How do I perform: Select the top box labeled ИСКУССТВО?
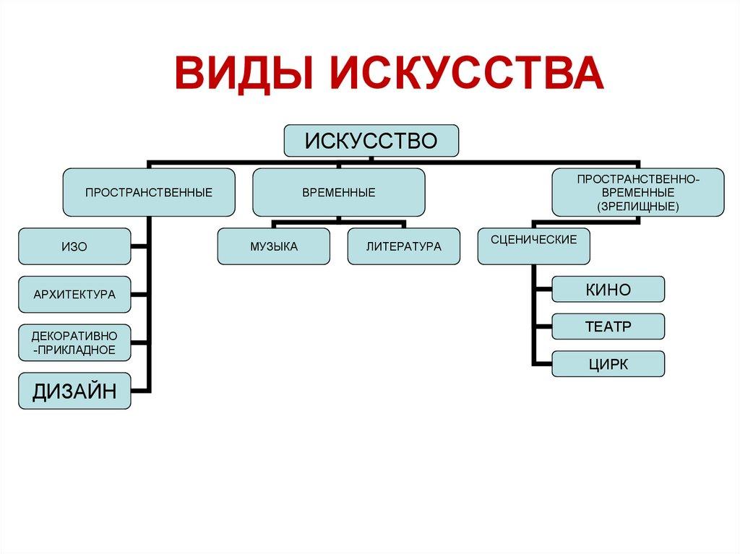pyautogui.click(x=371, y=140)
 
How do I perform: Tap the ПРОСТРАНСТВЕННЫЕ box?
pyautogui.click(x=148, y=192)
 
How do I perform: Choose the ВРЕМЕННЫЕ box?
pyautogui.click(x=338, y=192)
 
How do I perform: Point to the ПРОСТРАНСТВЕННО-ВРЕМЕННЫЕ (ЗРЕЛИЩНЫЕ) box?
pyautogui.click(x=638, y=192)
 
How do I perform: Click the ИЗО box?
pyautogui.click(x=74, y=246)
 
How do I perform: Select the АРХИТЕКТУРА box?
pyautogui.click(x=74, y=294)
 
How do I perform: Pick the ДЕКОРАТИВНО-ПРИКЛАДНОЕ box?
pyautogui.click(x=74, y=342)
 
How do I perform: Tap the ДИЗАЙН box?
pyautogui.click(x=74, y=391)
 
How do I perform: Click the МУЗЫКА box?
pyautogui.click(x=274, y=246)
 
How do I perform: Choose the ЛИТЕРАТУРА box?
pyautogui.click(x=403, y=246)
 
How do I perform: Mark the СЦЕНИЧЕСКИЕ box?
pyautogui.click(x=533, y=246)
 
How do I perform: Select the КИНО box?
pyautogui.click(x=608, y=290)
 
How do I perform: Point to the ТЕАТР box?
pyautogui.click(x=608, y=326)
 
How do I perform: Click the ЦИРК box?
pyautogui.click(x=608, y=364)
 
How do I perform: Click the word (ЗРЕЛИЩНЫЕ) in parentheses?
pyautogui.click(x=638, y=207)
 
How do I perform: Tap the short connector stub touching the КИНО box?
pyautogui.click(x=543, y=290)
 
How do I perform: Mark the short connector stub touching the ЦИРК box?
pyautogui.click(x=543, y=363)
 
